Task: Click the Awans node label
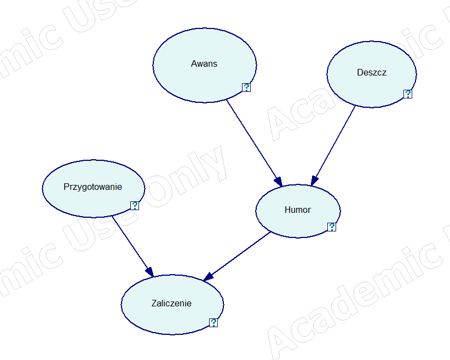click(x=204, y=63)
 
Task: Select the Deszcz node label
click(x=371, y=72)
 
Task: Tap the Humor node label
click(x=298, y=210)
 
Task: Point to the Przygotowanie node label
click(x=93, y=187)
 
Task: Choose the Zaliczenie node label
click(x=171, y=303)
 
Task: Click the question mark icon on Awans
click(x=246, y=88)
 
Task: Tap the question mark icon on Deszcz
click(x=407, y=94)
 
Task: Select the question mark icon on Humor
click(x=331, y=227)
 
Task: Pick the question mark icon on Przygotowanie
click(x=135, y=206)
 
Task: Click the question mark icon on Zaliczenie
click(x=214, y=323)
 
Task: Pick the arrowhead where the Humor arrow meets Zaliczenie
click(x=208, y=277)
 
